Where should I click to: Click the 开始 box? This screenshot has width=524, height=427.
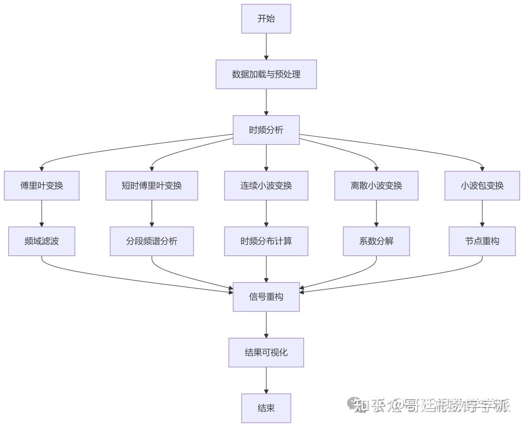pos(266,19)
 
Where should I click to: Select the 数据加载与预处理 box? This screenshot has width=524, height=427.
pos(266,74)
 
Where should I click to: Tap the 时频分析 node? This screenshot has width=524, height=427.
pos(266,130)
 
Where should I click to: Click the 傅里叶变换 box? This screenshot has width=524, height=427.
pos(42,186)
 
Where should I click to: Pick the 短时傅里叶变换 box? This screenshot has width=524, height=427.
pos(152,186)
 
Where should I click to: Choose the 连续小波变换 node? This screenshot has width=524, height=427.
pos(266,186)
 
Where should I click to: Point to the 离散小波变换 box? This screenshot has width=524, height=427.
pos(376,186)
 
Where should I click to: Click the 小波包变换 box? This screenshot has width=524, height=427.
pos(482,186)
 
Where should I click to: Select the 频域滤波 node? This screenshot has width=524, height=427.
pos(42,241)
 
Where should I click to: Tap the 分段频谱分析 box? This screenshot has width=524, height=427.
pos(152,241)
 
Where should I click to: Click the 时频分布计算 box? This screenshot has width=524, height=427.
pos(266,241)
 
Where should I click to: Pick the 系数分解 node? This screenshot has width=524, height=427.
pos(376,241)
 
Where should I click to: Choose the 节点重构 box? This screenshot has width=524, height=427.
pos(482,241)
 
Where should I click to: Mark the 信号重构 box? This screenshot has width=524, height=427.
pos(266,296)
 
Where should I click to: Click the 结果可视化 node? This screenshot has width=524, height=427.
pos(266,352)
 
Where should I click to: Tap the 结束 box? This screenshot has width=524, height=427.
pos(266,408)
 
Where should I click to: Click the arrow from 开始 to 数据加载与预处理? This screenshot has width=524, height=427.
pos(266,47)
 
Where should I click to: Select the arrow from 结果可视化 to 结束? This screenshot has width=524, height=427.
pos(266,380)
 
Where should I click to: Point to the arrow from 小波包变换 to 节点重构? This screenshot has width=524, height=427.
pos(482,213)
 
